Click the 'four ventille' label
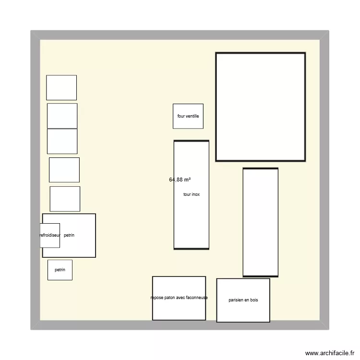[x=188, y=116]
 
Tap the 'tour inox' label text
[x=192, y=194]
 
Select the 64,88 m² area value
[x=180, y=180]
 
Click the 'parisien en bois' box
[x=243, y=300]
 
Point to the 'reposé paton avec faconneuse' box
[x=179, y=298]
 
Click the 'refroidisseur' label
[x=50, y=235]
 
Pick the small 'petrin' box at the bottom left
[x=60, y=270]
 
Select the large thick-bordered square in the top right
[x=260, y=107]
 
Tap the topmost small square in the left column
[x=61, y=88]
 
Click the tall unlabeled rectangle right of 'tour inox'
[x=260, y=222]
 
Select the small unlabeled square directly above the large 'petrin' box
[x=65, y=199]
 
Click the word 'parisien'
[x=237, y=300]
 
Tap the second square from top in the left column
[x=62, y=116]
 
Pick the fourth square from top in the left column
[x=64, y=170]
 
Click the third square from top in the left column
[x=62, y=141]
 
